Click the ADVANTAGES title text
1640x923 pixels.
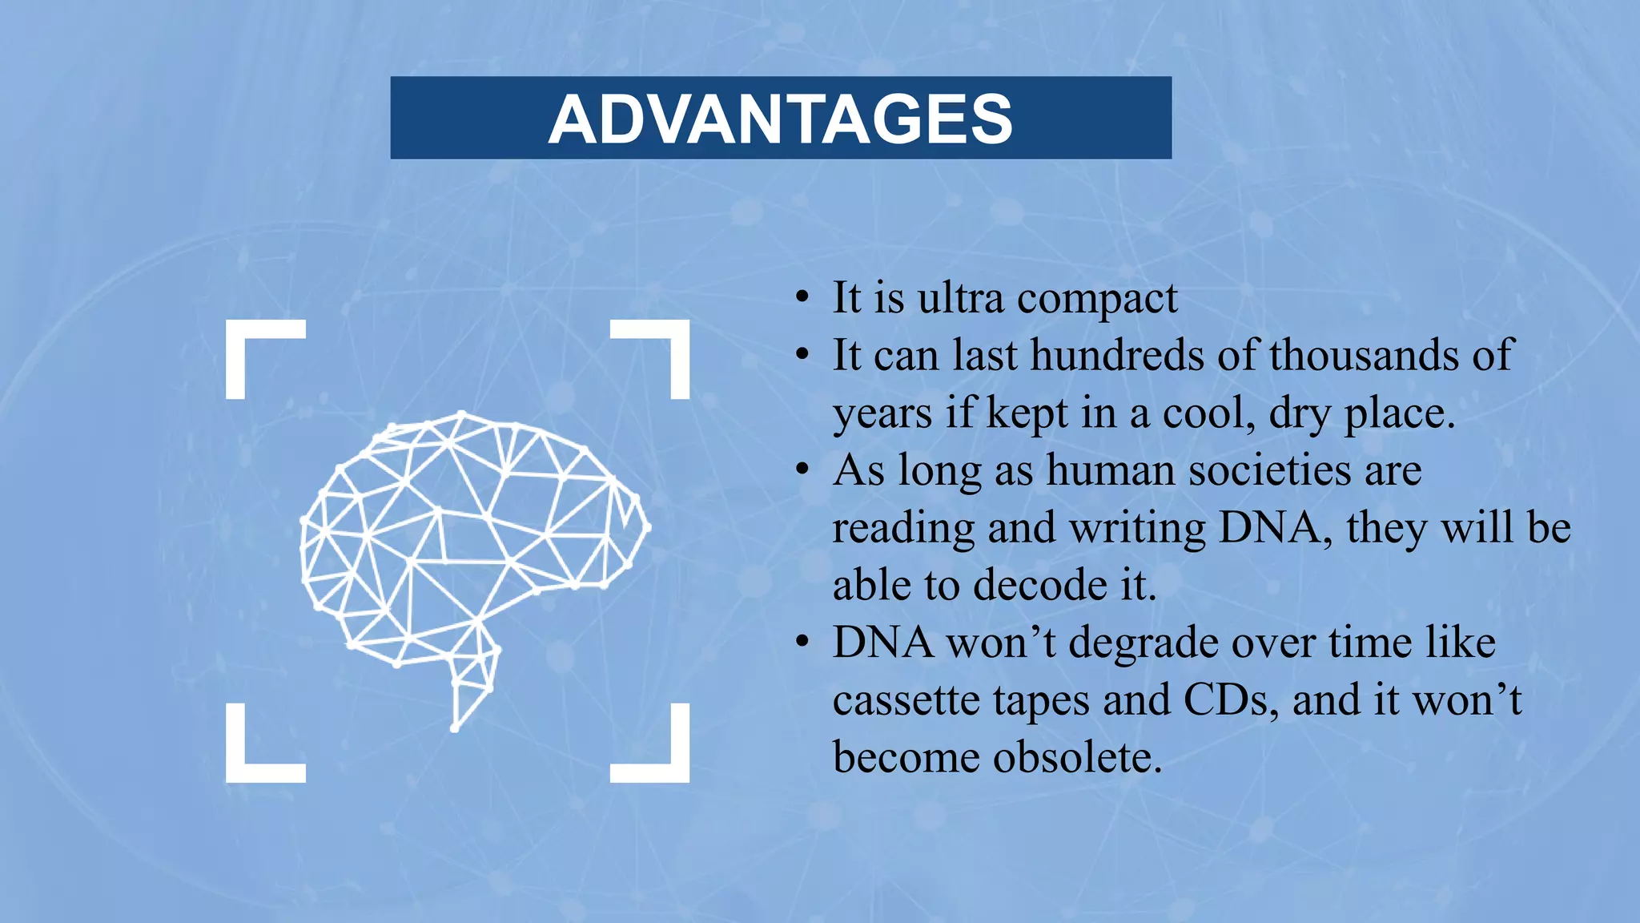pos(781,119)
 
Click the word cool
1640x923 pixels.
pos(1208,413)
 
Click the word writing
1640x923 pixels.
pos(1137,529)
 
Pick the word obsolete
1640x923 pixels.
pos(1077,757)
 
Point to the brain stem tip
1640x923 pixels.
pos(455,728)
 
